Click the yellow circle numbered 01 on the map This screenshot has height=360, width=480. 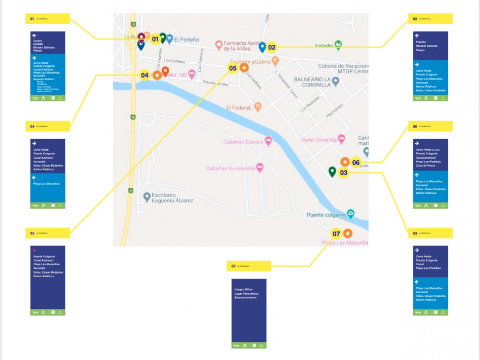(x=155, y=39)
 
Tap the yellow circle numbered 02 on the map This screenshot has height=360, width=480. (x=272, y=47)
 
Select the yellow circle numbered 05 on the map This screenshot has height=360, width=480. (x=232, y=68)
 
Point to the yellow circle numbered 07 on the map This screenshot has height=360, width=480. (x=336, y=233)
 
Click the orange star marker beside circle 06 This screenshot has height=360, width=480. (x=345, y=162)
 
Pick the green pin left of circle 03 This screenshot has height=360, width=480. (x=332, y=172)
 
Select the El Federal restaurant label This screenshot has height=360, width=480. (x=240, y=108)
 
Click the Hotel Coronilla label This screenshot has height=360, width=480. (x=318, y=139)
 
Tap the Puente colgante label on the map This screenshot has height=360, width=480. (x=327, y=215)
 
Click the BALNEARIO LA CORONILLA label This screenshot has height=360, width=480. (x=312, y=82)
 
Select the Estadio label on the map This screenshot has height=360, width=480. (x=324, y=45)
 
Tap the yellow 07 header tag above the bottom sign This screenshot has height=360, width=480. (x=249, y=266)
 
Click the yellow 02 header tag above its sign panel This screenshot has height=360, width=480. (x=429, y=18)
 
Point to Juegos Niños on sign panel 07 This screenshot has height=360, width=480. (x=243, y=289)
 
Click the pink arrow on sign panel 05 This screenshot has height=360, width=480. (x=34, y=250)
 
